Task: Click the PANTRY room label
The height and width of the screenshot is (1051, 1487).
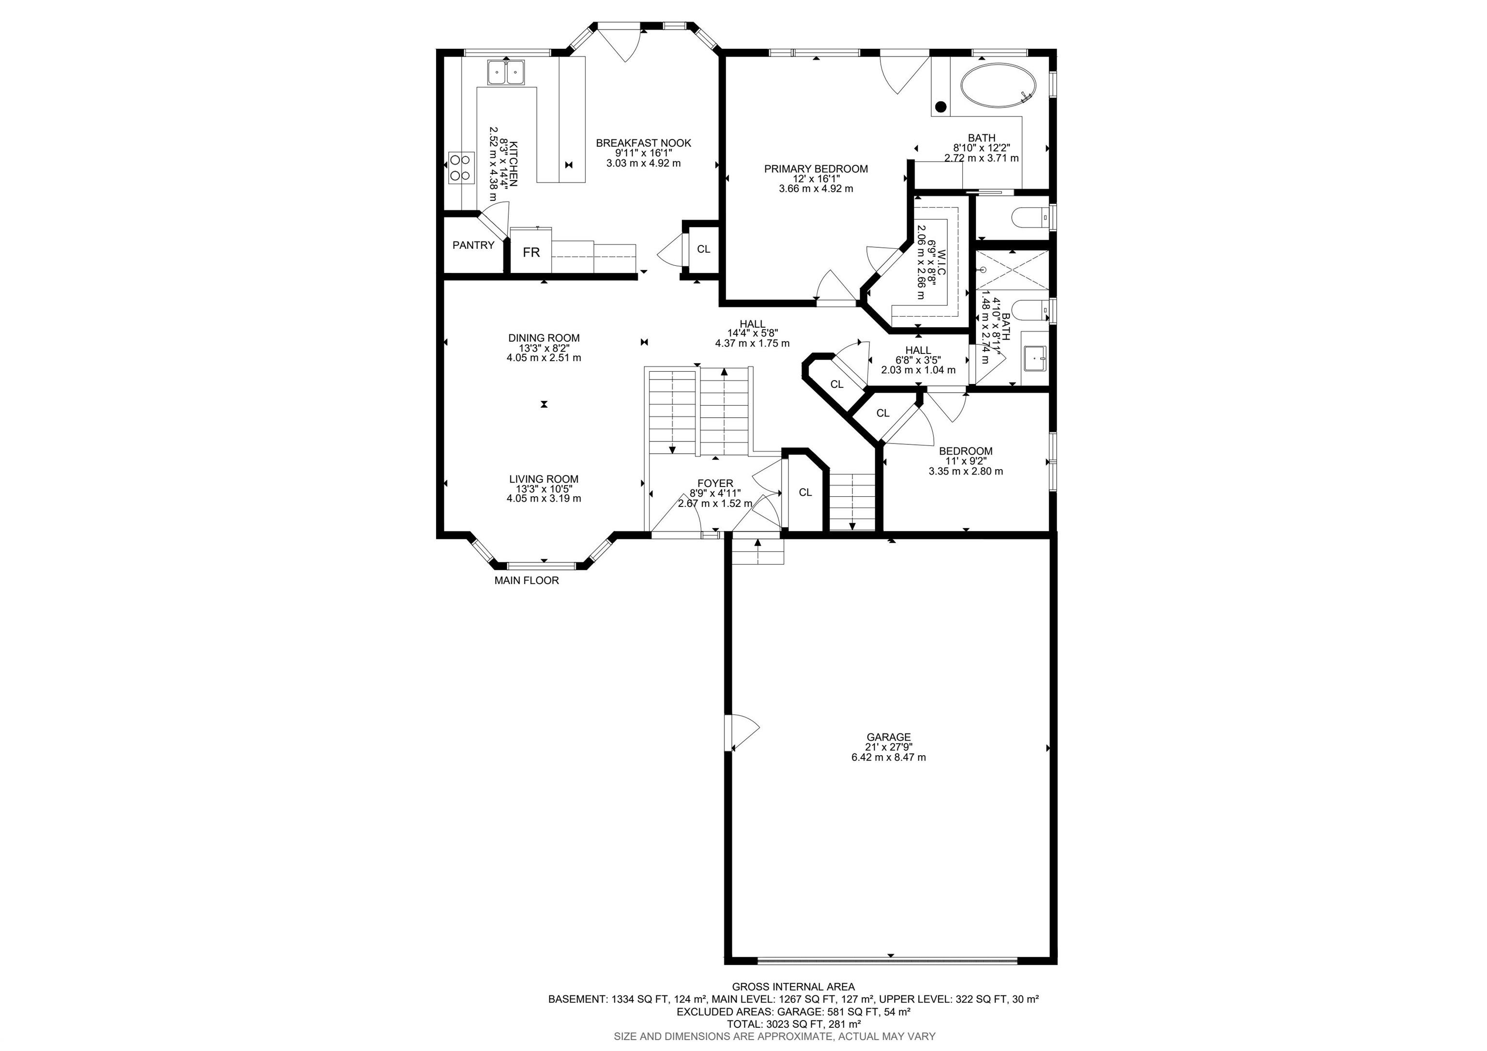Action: point(473,245)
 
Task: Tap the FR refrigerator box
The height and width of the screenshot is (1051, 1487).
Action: point(531,251)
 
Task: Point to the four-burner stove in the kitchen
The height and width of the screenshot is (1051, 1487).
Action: point(460,167)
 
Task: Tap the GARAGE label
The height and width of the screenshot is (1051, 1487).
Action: point(889,737)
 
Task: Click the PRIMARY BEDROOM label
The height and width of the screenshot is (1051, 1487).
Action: point(816,169)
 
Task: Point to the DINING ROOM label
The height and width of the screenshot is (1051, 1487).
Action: point(544,338)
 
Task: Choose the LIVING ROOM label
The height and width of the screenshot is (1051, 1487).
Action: point(544,479)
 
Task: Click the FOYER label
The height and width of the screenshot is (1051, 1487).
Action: point(715,483)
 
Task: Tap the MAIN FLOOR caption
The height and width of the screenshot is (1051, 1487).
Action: point(527,581)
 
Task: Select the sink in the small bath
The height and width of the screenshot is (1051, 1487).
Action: point(1035,357)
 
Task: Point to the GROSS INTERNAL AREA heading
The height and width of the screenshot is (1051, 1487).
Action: point(793,987)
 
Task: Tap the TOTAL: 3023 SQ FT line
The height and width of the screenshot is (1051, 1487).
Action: point(794,1024)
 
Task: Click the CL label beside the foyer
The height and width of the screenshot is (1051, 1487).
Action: point(805,493)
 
